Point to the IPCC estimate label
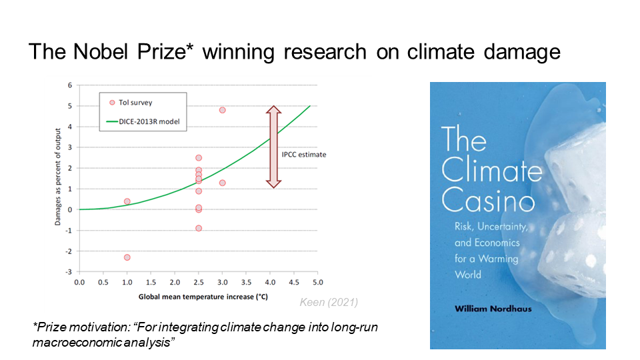click(x=305, y=155)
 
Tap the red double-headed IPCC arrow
click(x=272, y=147)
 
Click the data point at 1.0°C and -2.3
click(x=127, y=257)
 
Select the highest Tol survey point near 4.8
click(x=222, y=110)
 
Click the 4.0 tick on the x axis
click(x=270, y=283)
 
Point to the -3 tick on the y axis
click(x=69, y=272)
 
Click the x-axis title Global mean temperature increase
click(x=198, y=295)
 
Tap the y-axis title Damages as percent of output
click(x=58, y=178)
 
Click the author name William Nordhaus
click(x=493, y=309)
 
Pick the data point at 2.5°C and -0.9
click(x=199, y=228)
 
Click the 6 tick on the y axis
click(x=69, y=85)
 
